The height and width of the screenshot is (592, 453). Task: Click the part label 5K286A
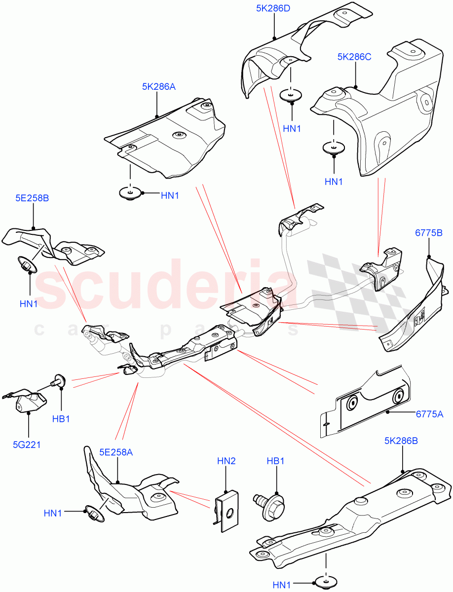[159, 87]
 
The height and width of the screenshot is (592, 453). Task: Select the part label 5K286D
[273, 8]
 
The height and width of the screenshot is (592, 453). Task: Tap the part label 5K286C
[354, 57]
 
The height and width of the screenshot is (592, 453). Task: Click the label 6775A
[428, 414]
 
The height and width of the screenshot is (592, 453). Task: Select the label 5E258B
[32, 198]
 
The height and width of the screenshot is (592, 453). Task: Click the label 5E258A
[116, 451]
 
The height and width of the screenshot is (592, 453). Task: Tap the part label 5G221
[27, 444]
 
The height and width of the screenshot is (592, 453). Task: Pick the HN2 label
[226, 461]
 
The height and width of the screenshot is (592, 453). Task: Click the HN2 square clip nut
[226, 511]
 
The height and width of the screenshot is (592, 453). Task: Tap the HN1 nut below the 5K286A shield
[131, 193]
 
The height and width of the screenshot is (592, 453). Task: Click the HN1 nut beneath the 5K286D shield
[292, 95]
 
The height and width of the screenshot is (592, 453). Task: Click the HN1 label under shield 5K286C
[334, 182]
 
